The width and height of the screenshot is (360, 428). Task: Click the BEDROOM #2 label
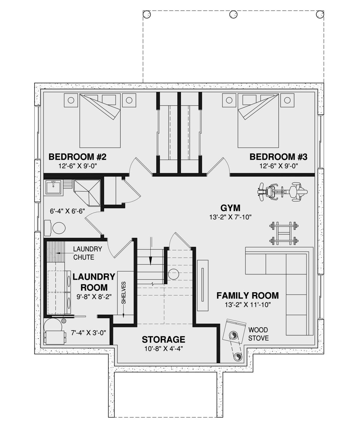[x=77, y=157]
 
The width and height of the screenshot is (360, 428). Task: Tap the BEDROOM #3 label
[x=278, y=157]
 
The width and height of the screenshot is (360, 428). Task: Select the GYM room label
[x=230, y=208]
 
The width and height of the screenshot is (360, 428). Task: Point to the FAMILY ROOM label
[x=247, y=296]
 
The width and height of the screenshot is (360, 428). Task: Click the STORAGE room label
[x=163, y=340]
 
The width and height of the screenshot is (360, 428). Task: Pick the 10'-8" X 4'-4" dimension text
[x=163, y=349]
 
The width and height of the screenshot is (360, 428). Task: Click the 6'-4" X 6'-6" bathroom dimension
[x=67, y=211]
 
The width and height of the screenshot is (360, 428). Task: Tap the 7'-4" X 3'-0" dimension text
[x=88, y=333]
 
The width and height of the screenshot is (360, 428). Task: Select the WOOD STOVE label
[x=258, y=334]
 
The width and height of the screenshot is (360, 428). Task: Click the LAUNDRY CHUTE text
[x=87, y=253]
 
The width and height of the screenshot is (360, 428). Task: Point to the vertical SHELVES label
[x=124, y=293]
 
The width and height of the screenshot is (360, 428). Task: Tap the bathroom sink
[x=54, y=187]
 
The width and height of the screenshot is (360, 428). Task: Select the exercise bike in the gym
[x=282, y=192]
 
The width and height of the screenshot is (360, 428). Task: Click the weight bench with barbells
[x=283, y=233]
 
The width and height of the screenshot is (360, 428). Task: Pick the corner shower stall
[x=87, y=193]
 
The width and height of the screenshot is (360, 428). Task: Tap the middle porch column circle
[x=233, y=14]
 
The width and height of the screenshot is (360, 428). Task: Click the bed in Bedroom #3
[x=258, y=121]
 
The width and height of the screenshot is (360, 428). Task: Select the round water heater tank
[x=53, y=326]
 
